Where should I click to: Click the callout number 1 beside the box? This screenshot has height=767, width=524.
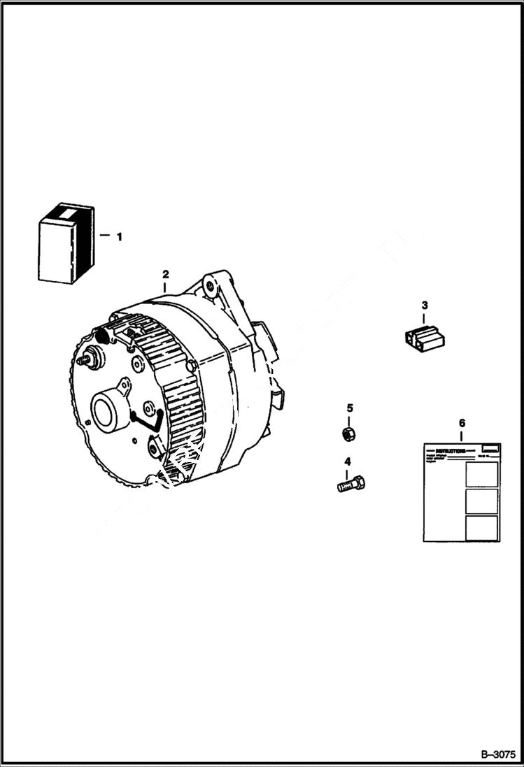point(119,237)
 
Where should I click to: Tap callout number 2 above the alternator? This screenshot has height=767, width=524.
point(166,273)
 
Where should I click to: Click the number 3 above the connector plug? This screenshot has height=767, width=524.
point(424,305)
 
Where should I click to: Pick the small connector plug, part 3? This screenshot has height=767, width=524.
point(425,337)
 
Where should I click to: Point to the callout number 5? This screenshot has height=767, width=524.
point(350,408)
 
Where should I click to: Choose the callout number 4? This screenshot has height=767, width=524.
point(347,461)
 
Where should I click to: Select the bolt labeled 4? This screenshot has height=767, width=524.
point(351,483)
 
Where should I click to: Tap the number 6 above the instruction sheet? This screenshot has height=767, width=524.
point(461,424)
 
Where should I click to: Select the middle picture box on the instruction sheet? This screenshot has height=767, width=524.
point(481,501)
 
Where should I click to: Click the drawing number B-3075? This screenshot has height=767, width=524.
point(498,754)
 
